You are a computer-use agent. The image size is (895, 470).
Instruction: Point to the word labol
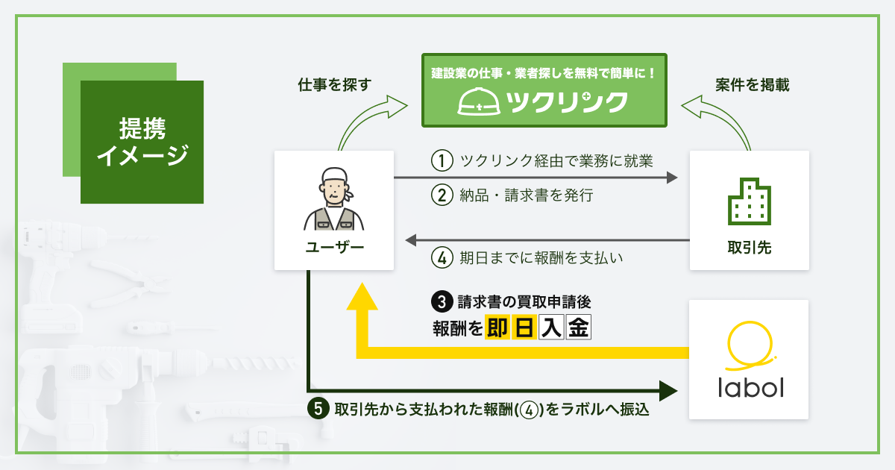point(749,389)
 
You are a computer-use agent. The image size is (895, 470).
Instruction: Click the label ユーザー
point(333,246)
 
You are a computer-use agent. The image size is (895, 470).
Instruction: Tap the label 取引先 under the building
point(749,247)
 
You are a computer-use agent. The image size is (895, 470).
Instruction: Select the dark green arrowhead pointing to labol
point(668,389)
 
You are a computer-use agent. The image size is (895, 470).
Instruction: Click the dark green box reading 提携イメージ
point(142,142)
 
